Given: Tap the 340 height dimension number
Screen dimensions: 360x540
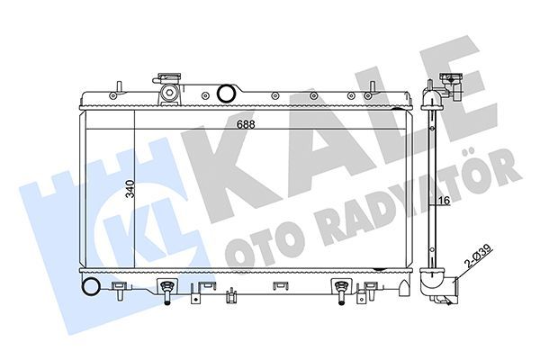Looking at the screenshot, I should pyautogui.click(x=130, y=189).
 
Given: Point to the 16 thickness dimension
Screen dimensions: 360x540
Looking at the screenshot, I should pyautogui.click(x=444, y=202).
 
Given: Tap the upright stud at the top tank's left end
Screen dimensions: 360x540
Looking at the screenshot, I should pyautogui.click(x=117, y=87).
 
